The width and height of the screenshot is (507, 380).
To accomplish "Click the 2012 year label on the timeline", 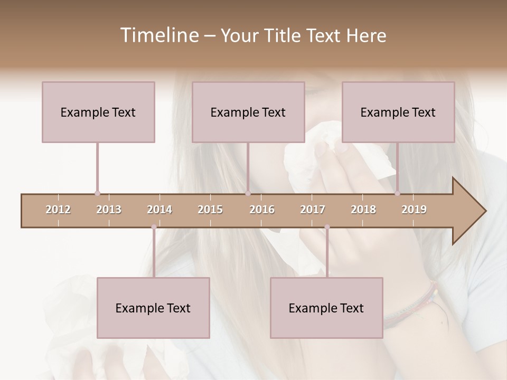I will click(58, 210).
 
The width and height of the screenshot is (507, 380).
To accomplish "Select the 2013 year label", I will click(109, 210).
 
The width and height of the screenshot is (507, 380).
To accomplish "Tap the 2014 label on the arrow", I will click(159, 210).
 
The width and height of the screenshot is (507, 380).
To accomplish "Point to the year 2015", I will click(210, 210).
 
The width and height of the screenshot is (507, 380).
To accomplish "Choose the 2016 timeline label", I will click(262, 210).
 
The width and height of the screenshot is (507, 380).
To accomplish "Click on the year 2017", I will click(313, 210).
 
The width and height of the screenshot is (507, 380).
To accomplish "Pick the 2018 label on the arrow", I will click(363, 210).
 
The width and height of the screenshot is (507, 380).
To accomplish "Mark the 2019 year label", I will click(414, 210).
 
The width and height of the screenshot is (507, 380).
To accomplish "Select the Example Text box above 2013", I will click(98, 112).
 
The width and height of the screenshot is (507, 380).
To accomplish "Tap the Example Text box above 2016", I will click(248, 112).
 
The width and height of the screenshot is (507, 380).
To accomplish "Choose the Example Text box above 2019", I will click(398, 112).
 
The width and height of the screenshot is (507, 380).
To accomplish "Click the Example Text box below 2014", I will click(153, 308).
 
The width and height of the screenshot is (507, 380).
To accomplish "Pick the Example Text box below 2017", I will click(326, 308).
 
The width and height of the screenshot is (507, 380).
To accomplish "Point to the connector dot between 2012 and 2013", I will click(97, 193).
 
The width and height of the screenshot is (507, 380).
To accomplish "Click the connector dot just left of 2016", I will click(248, 193).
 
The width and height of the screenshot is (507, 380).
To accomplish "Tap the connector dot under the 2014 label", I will click(154, 227).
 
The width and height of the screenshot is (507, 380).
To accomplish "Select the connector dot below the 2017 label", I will click(327, 227).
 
